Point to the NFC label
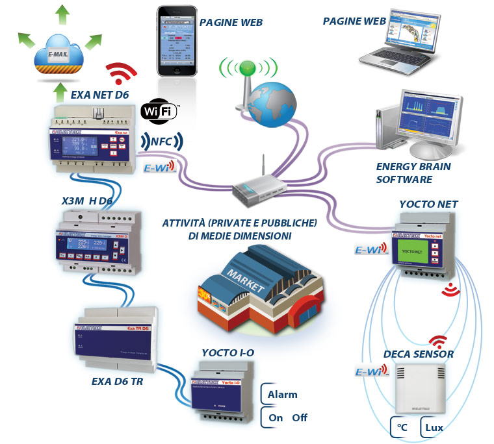[x=161, y=142]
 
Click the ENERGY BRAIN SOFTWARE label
[x=413, y=173]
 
